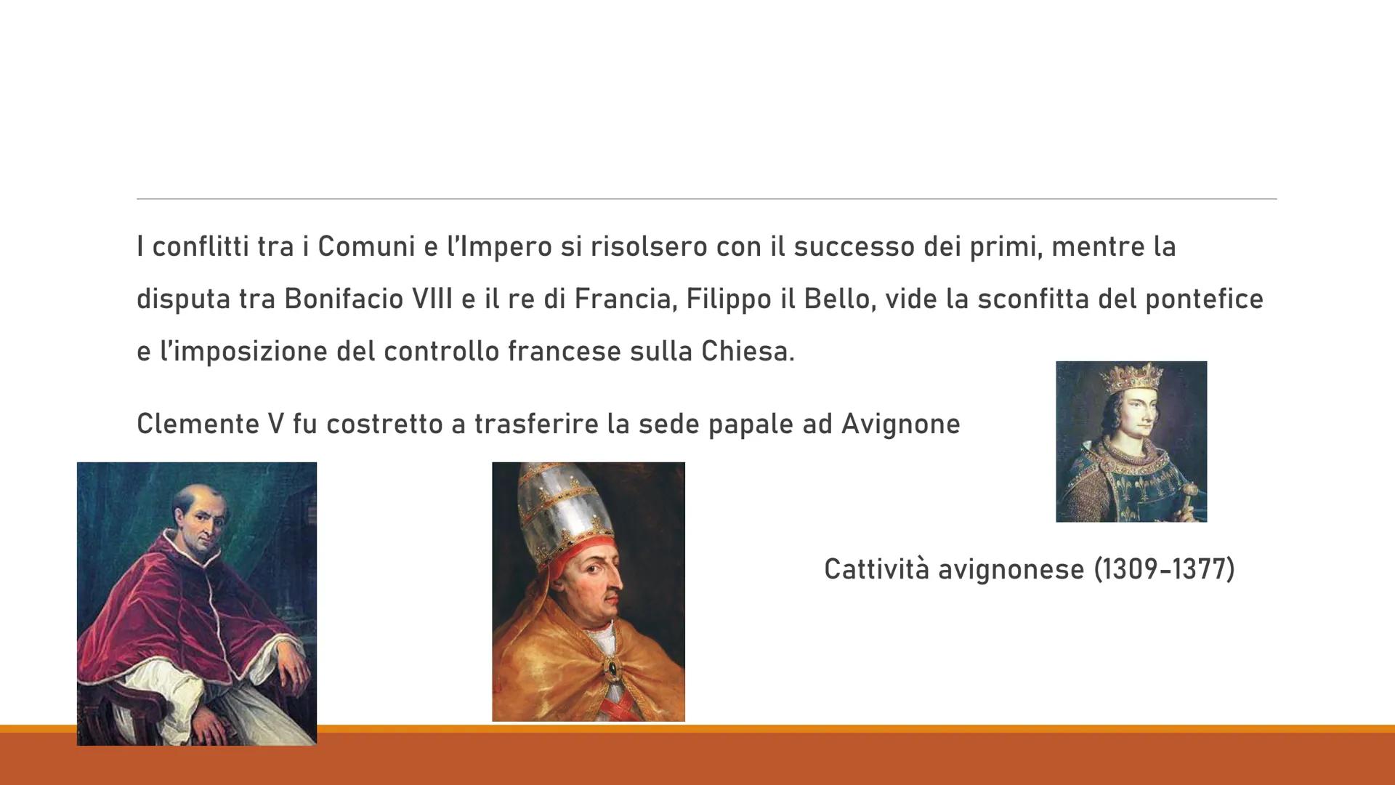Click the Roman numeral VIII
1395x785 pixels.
(432, 299)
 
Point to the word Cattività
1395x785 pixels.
(876, 569)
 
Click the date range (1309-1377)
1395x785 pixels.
(1164, 569)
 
